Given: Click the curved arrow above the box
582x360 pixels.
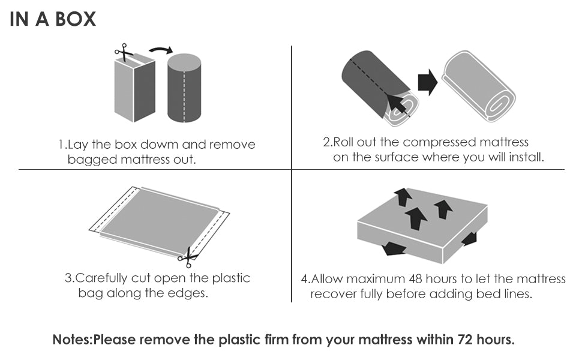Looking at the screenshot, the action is pyautogui.click(x=161, y=50).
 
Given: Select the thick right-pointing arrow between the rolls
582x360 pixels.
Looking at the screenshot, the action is pyautogui.click(x=428, y=82).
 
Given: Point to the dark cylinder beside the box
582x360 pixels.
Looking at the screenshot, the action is pyautogui.click(x=184, y=88).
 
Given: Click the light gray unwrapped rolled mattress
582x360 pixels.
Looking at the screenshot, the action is pyautogui.click(x=478, y=86).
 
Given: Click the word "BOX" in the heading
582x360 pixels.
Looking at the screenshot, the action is pyautogui.click(x=74, y=19).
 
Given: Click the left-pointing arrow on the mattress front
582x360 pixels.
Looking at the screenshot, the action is pyautogui.click(x=394, y=248).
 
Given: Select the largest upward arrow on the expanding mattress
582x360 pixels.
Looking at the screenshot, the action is pyautogui.click(x=416, y=218).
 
